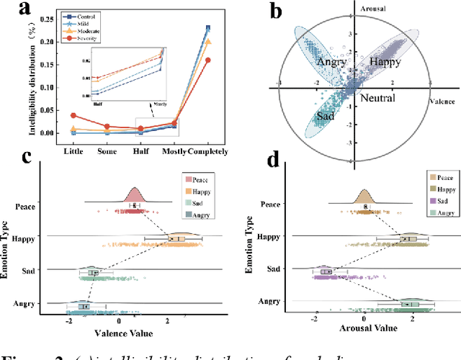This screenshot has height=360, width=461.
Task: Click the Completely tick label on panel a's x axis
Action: (207, 151)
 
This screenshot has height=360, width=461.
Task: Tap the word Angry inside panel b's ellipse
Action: (331, 63)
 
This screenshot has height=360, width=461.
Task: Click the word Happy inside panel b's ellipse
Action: (385, 63)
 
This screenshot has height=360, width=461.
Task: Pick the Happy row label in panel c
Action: (25, 238)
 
